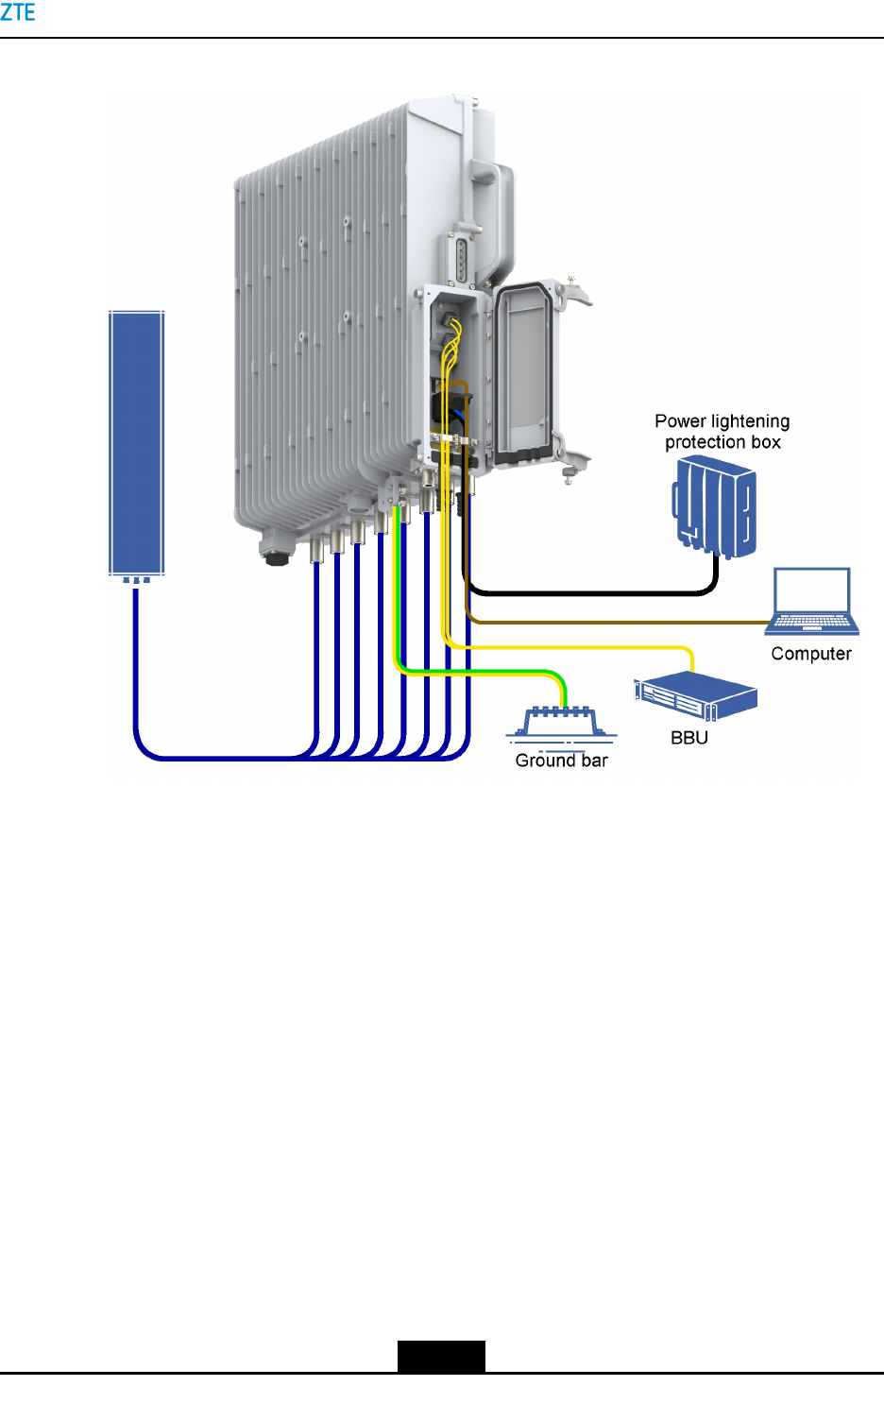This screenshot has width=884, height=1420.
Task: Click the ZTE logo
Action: pos(17,12)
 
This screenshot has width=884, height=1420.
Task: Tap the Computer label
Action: pos(810,654)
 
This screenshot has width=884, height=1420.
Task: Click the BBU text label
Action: pos(688,738)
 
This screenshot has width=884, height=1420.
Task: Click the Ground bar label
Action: pos(561,761)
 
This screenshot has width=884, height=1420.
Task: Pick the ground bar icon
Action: pos(561,722)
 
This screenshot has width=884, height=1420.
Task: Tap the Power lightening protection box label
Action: pos(722,432)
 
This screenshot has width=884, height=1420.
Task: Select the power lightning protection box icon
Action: pos(715,505)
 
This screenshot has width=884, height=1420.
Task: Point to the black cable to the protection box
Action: pos(586,593)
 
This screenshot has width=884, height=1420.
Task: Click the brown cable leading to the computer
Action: pos(614,623)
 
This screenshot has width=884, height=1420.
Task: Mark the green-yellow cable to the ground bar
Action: pos(472,672)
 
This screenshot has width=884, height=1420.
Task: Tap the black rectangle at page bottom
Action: pos(440,1356)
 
